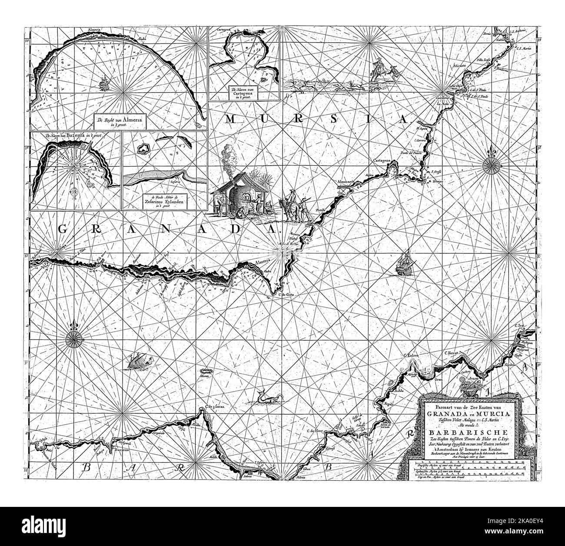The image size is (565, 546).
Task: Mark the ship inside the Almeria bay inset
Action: point(103,82)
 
